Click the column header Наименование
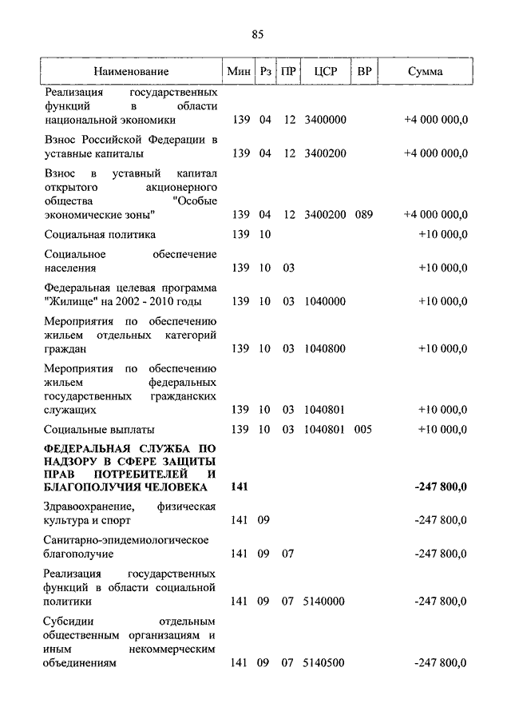131,71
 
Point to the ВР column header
364,71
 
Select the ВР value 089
364,215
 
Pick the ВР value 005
364,430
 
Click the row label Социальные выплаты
99,430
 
